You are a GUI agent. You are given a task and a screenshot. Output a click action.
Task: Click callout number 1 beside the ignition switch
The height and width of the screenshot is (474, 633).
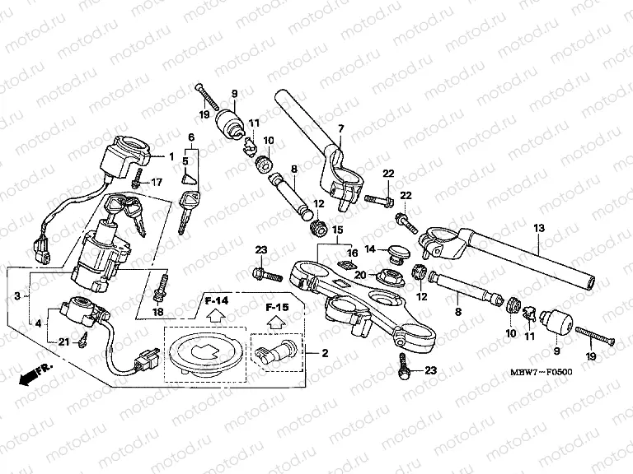point(171,156)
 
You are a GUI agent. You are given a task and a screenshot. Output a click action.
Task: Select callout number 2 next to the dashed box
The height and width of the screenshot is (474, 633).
point(325,353)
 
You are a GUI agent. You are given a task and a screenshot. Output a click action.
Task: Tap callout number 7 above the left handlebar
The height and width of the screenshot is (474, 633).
point(340,128)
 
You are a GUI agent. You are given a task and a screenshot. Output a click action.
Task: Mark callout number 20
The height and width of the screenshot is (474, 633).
point(360,276)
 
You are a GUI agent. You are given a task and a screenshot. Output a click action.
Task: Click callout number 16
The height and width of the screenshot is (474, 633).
point(351,253)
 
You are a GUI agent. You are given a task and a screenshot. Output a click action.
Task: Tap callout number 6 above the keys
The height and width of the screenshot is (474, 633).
point(190,137)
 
